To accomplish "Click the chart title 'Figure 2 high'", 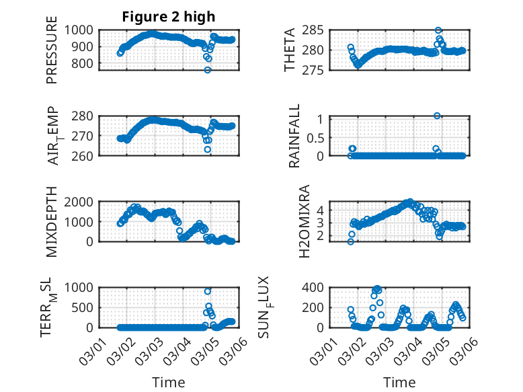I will coord(168,17).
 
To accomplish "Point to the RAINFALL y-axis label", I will coord(293,137).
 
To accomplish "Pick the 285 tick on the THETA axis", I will coord(319,30).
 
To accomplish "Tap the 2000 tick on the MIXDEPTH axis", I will coord(84,201).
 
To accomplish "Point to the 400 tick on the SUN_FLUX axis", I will coord(319,287).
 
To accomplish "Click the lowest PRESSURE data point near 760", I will coord(208,70).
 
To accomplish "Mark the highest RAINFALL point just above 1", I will coord(437,116).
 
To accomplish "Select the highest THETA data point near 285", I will coord(438,30).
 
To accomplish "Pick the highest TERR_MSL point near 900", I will coord(208,291).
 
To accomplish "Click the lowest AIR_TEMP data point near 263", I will coord(208,149).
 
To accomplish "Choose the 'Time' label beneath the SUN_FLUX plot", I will coord(400,382).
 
